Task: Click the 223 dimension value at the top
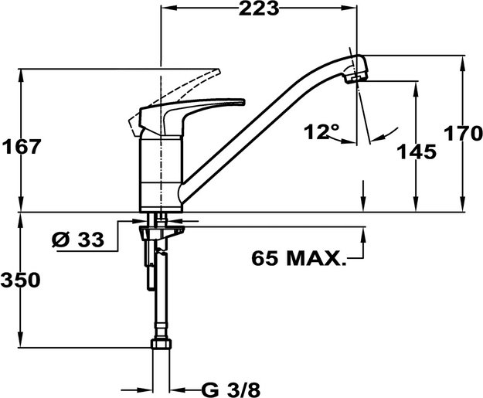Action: point(259,10)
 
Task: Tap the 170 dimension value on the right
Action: point(463,133)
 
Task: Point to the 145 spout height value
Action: point(417,152)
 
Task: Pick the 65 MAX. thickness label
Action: point(298,258)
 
